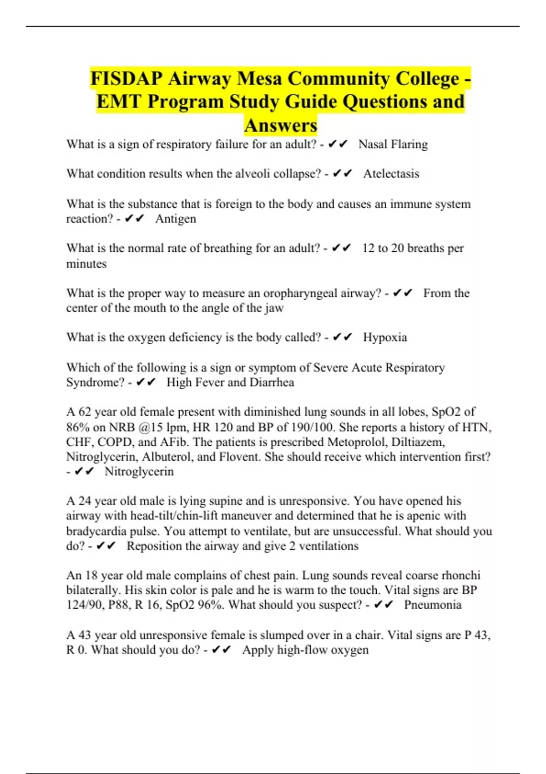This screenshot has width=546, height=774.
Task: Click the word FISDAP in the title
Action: point(126,78)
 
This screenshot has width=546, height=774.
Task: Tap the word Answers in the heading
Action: point(280,125)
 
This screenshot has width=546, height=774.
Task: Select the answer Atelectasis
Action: point(391,173)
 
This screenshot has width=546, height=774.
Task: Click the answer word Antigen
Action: point(176,219)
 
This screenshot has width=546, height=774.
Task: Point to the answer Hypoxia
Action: point(385,337)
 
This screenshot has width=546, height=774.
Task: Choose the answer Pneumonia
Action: point(433,605)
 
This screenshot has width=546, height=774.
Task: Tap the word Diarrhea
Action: point(272,382)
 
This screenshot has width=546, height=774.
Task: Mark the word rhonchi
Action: point(461,575)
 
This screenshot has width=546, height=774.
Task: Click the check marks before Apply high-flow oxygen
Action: point(222,650)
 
